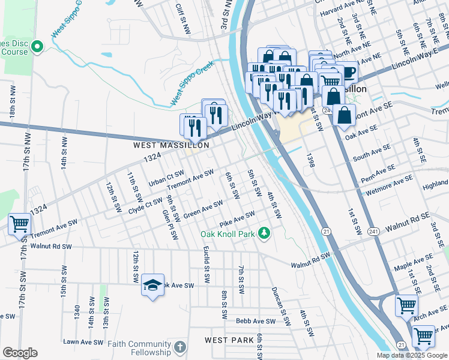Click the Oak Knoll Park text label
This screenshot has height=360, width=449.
(x=228, y=233)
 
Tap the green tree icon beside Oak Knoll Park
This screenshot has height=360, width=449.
(x=264, y=233)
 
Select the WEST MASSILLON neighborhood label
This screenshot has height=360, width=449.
(x=171, y=145)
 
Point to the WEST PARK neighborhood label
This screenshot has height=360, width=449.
(x=229, y=340)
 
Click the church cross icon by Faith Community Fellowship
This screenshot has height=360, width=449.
(x=179, y=347)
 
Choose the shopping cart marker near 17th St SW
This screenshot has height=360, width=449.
(x=19, y=224)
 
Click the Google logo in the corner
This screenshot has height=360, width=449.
(x=20, y=352)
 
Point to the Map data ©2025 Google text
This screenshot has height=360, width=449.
(x=412, y=355)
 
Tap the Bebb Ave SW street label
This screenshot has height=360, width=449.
(x=255, y=322)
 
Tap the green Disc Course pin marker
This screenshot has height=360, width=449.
(x=37, y=46)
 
